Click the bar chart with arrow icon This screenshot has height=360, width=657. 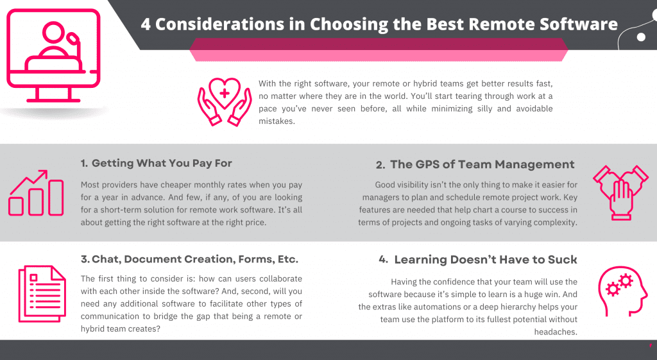click(x=36, y=193)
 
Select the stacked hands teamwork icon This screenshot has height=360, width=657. click(x=620, y=193)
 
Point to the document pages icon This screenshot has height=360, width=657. click(x=42, y=293)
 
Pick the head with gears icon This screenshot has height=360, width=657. click(x=622, y=291)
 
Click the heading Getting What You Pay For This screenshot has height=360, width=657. click(x=162, y=163)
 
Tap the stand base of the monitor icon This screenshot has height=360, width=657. click(x=54, y=99)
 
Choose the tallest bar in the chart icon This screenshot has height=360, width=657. click(x=56, y=198)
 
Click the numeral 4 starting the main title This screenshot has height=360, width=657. click(x=146, y=24)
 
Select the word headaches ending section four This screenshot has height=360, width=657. click(x=556, y=332)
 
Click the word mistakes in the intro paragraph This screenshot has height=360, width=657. click(x=277, y=121)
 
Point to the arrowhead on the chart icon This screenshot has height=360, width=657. click(x=43, y=173)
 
